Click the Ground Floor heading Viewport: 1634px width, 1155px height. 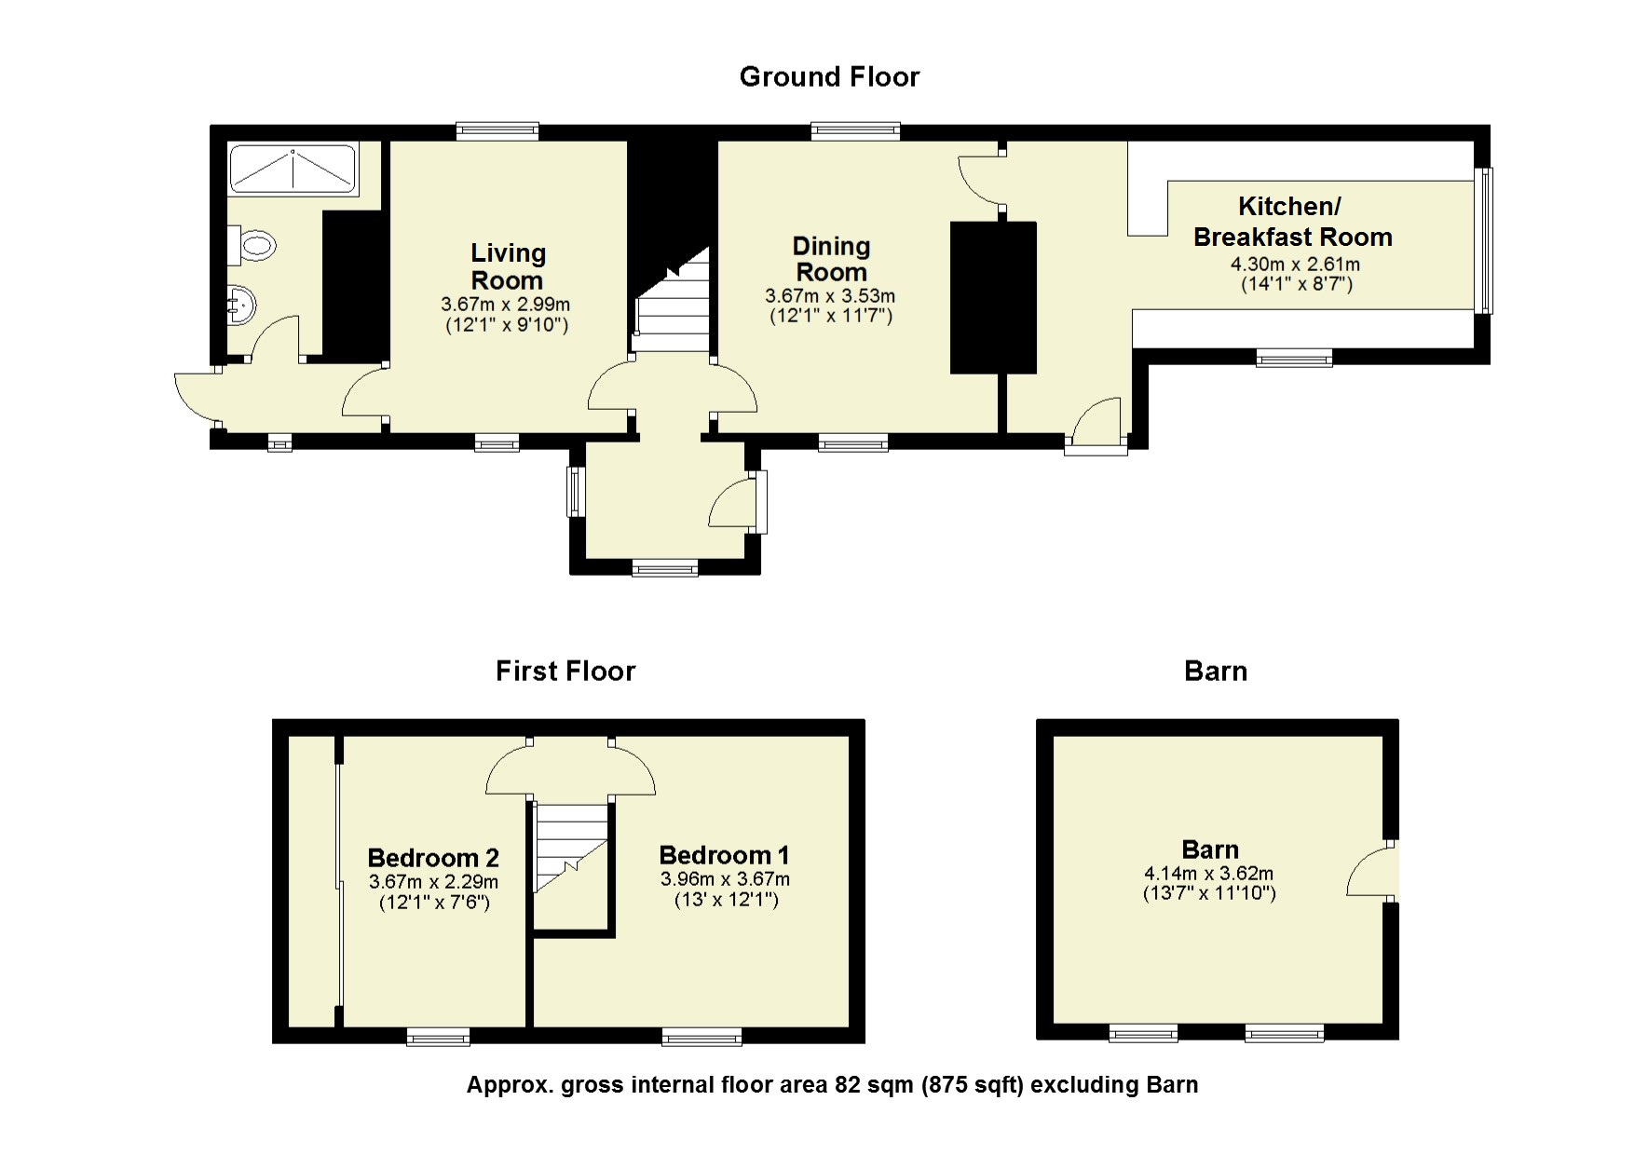(x=829, y=76)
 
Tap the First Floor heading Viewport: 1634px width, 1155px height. (x=565, y=671)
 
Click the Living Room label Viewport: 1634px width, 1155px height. (x=507, y=266)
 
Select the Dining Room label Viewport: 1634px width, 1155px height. (x=831, y=259)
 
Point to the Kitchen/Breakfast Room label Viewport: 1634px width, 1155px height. (x=1293, y=222)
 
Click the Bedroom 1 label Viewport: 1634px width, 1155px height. (x=724, y=855)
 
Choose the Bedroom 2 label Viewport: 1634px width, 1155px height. (x=433, y=858)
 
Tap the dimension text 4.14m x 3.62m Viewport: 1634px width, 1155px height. (x=1209, y=874)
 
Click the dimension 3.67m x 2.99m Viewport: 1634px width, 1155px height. (x=506, y=305)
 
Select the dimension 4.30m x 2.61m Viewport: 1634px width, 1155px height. (x=1295, y=265)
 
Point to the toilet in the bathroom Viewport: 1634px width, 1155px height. (x=253, y=246)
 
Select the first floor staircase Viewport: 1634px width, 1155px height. (x=572, y=849)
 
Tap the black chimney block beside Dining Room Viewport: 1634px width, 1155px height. (x=993, y=297)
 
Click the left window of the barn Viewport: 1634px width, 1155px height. (x=1143, y=1032)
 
